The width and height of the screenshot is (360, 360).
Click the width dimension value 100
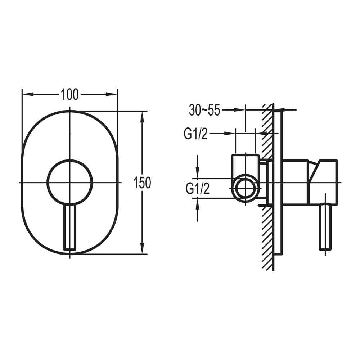(x=69, y=95)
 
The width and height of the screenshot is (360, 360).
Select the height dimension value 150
(x=143, y=183)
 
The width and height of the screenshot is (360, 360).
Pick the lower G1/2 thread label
(x=197, y=188)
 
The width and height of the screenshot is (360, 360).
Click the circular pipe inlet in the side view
(x=246, y=188)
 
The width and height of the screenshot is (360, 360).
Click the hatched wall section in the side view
(x=267, y=234)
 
